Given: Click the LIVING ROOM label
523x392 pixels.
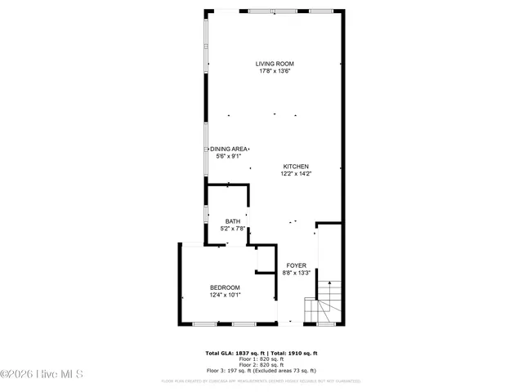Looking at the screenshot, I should pos(274,64).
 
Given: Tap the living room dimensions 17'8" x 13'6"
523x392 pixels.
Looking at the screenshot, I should pos(274,71).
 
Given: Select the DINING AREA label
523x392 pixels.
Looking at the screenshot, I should pos(229,149).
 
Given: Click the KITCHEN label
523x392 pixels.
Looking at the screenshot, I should pos(296,166).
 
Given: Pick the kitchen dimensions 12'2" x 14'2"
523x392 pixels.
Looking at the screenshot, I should pos(296,173).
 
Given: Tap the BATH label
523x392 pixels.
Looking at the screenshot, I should pos(233,221).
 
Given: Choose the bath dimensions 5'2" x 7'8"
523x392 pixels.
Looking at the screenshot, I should pos(233,229).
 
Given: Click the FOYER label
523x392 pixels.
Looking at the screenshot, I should pos(296,265).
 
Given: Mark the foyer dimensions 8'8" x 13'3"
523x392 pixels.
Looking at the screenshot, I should pos(296,273).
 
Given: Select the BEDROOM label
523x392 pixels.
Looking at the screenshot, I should pos(225,287).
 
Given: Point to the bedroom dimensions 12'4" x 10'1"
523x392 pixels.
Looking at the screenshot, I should pos(225,295).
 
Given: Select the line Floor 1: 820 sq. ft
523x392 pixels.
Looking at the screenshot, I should pos(261,359).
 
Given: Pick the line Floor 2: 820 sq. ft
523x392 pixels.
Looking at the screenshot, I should pos(261,364).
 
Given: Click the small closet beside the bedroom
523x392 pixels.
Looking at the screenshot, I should pos(266,260).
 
